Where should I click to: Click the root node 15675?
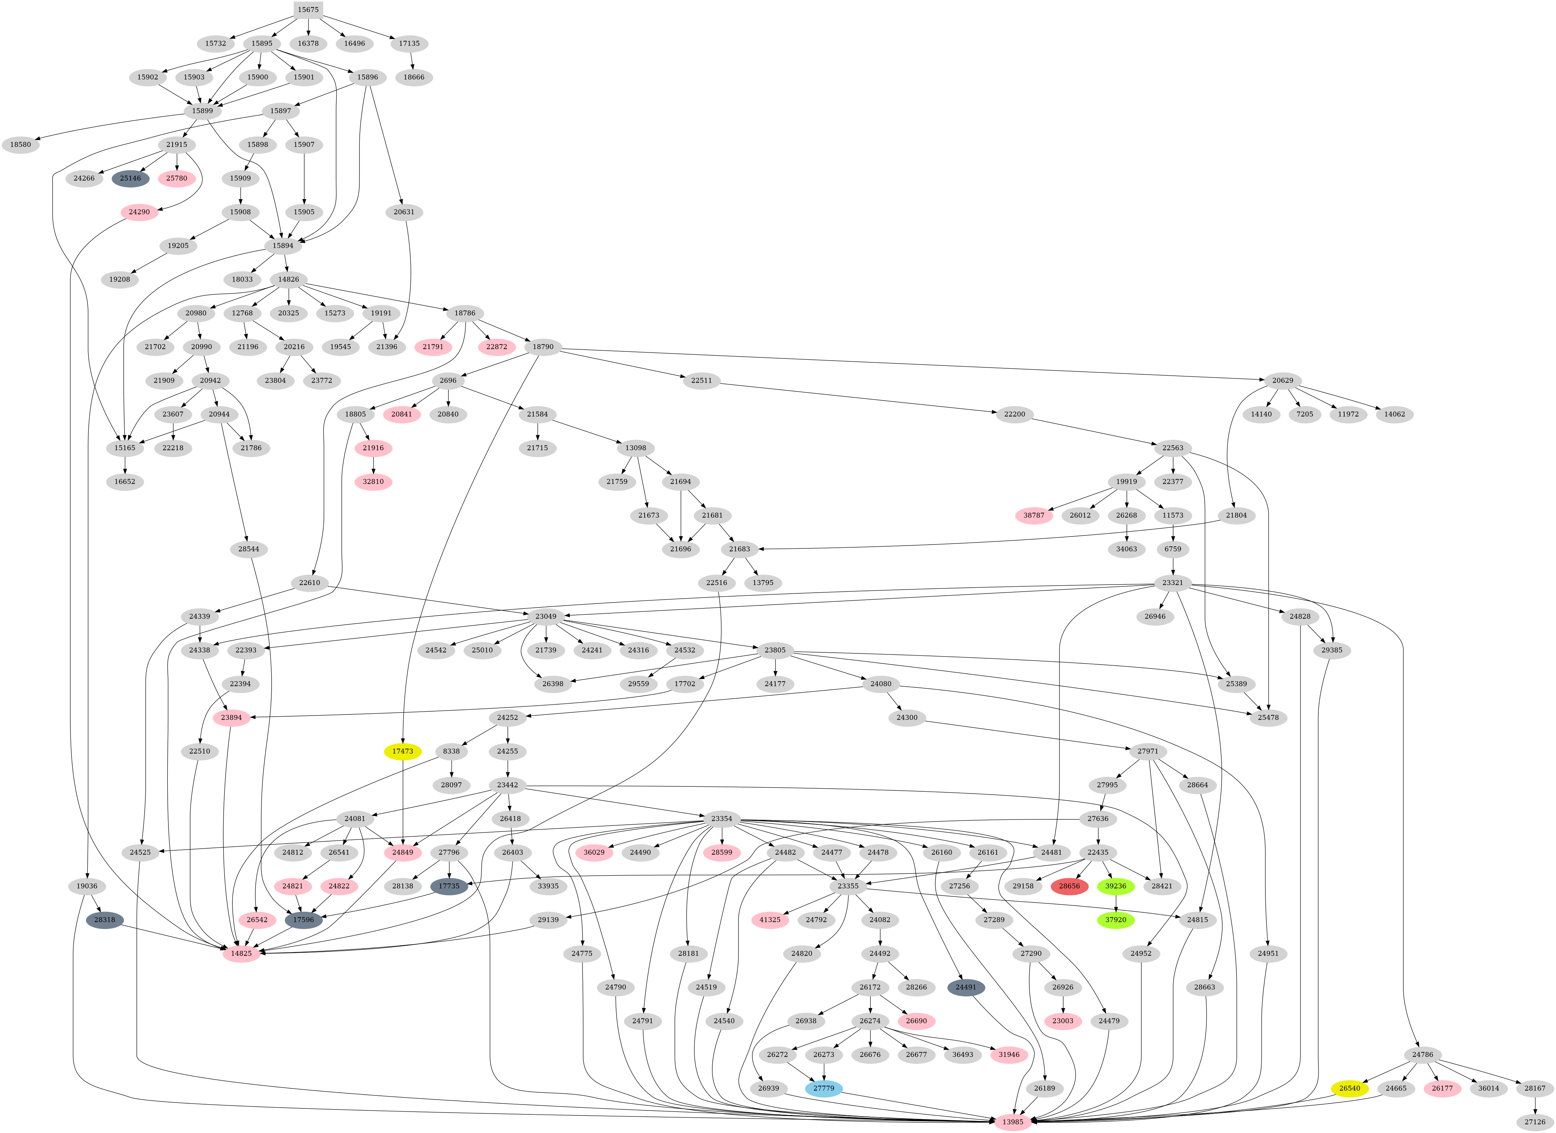coord(308,9)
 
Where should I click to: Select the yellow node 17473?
coord(403,751)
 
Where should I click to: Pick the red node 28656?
coord(1069,886)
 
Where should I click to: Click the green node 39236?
coord(1116,886)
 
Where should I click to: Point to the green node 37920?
coord(1116,920)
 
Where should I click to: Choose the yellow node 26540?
coord(1350,1088)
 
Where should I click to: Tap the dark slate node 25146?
coord(130,178)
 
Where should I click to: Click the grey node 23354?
coord(721,819)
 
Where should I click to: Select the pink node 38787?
coord(1034,515)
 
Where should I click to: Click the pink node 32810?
coord(373,482)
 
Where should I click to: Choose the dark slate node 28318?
coord(105,920)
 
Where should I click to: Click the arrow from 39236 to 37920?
coord(1116,903)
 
